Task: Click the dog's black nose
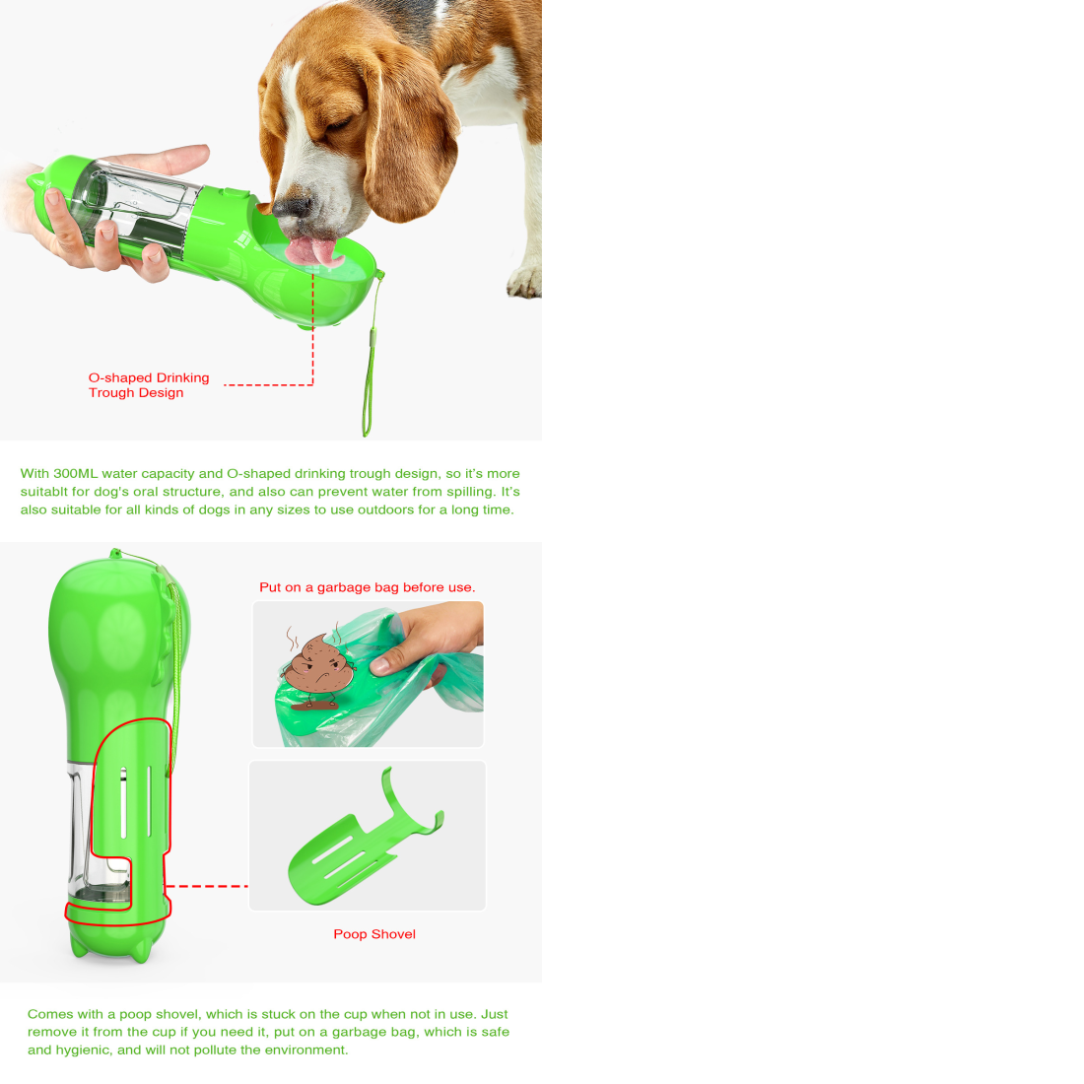[x=292, y=207]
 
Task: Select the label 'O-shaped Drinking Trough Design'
[x=149, y=385]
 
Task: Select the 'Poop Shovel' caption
[x=374, y=934]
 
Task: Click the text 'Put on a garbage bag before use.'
[x=368, y=587]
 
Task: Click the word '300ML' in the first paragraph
[x=75, y=474]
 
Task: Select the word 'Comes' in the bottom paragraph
[x=50, y=1014]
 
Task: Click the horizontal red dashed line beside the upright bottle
[x=207, y=886]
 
